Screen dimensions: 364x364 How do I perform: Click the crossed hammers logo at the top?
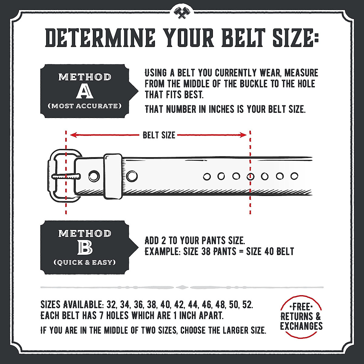coord(182,12)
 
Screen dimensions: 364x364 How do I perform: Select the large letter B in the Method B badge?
coord(85,248)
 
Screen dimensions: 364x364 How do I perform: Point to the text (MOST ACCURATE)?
coord(84,106)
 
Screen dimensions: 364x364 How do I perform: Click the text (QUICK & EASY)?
coord(85,262)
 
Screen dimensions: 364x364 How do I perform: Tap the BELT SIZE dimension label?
coord(159,135)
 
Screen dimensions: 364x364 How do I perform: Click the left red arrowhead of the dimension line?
coord(72,135)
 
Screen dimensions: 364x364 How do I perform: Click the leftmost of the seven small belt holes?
coord(207,176)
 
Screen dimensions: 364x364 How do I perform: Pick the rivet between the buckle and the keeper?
coord(94,176)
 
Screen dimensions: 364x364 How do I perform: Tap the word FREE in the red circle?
coord(301,307)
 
